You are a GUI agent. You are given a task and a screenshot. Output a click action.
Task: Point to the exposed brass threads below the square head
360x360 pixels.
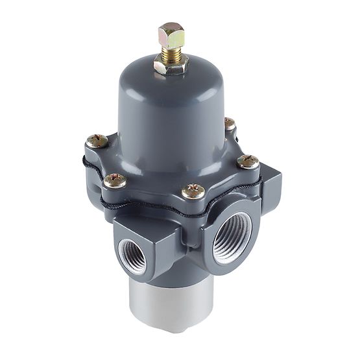[x=171, y=53]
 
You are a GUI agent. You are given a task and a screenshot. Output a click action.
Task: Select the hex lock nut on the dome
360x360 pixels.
[x=171, y=65]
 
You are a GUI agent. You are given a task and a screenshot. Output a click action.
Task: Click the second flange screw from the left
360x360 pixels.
[x=115, y=180]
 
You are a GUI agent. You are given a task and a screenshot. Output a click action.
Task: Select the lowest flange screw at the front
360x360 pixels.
[x=193, y=191]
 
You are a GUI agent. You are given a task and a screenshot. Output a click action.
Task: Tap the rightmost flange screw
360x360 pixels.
[x=248, y=162]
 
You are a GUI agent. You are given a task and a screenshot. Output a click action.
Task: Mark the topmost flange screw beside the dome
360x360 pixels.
[x=228, y=123]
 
